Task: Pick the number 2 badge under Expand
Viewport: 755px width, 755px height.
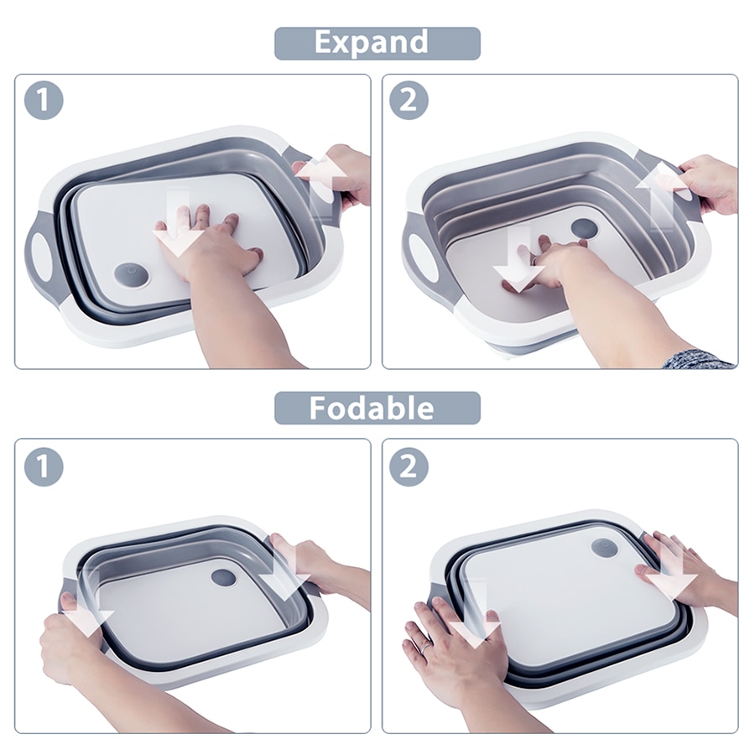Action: tap(409, 100)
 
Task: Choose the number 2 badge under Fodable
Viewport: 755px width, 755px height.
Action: tap(409, 466)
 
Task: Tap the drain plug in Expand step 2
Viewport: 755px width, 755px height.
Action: tap(584, 227)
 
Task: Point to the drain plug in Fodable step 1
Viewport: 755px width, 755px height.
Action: tap(223, 577)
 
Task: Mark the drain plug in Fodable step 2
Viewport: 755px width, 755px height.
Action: tap(604, 548)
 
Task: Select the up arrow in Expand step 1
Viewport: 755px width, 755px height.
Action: tap(320, 185)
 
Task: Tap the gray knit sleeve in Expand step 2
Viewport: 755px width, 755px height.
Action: tap(698, 359)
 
